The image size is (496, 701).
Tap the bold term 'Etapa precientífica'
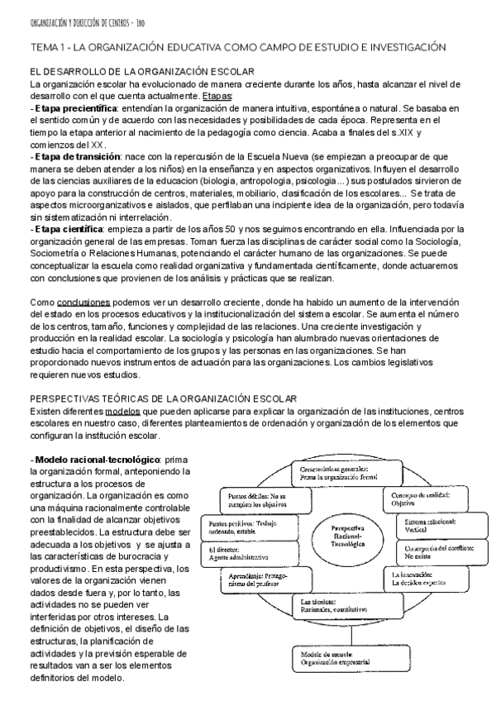[x=73, y=108]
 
